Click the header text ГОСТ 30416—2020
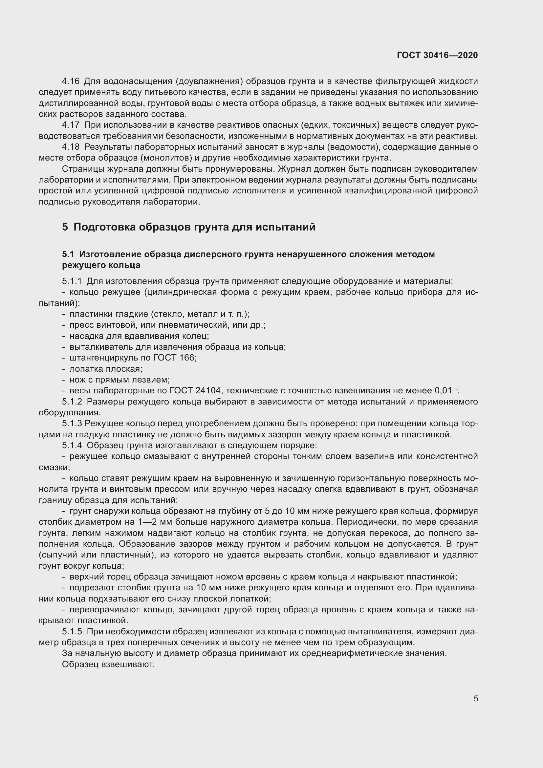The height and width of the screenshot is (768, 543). [x=437, y=55]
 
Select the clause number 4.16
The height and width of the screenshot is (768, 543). [x=71, y=81]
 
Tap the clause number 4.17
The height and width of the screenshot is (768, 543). [x=71, y=125]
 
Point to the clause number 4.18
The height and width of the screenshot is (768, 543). [x=71, y=147]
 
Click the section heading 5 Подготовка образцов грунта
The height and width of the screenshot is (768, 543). [x=188, y=227]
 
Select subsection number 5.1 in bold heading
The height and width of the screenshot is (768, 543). [x=68, y=254]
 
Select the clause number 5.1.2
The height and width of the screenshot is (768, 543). [x=72, y=401]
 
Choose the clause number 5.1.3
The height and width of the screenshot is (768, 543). [x=72, y=424]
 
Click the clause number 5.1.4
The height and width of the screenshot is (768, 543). [x=72, y=446]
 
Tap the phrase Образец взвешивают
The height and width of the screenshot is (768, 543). [x=108, y=664]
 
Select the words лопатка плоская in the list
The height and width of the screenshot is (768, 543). [x=106, y=369]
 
